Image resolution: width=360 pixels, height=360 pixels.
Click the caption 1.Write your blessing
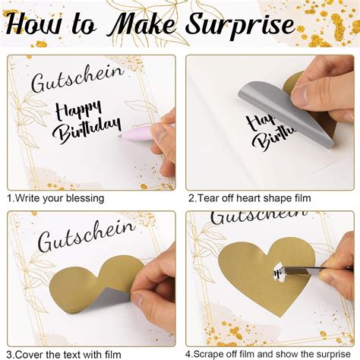(56, 198)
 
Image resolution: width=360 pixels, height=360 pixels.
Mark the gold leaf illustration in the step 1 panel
(30, 122)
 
